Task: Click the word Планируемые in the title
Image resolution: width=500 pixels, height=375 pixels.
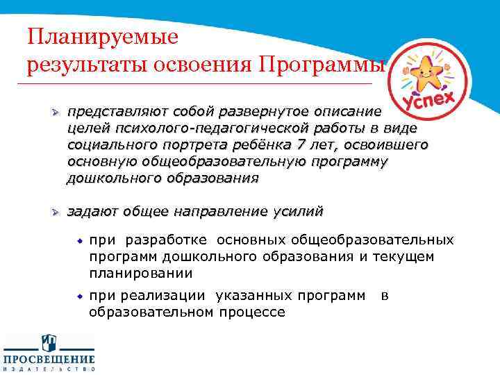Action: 103,35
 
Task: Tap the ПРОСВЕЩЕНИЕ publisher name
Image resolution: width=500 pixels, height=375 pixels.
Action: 49,359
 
